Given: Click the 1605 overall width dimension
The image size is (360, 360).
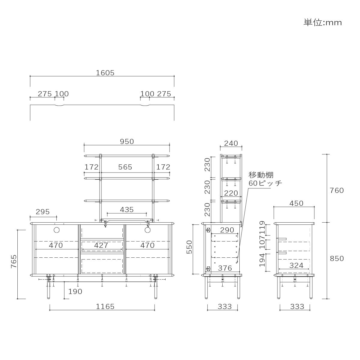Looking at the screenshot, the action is pyautogui.click(x=105, y=73).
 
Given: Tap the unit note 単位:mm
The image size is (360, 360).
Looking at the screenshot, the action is pyautogui.click(x=322, y=22).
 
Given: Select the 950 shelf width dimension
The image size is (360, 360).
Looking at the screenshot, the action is pyautogui.click(x=127, y=142).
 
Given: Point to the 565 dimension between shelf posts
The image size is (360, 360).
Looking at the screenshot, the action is pyautogui.click(x=125, y=167).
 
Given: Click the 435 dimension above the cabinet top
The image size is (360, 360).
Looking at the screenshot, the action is pyautogui.click(x=127, y=210).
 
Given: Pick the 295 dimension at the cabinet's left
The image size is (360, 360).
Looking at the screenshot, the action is pyautogui.click(x=43, y=212).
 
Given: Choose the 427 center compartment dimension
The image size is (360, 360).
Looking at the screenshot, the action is pyautogui.click(x=101, y=245).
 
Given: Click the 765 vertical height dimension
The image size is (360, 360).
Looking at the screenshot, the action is pyautogui.click(x=14, y=261).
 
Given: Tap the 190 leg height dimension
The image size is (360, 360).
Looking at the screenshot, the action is pyautogui.click(x=75, y=291).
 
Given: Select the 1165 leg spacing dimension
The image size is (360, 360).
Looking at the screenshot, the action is pyautogui.click(x=105, y=307).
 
